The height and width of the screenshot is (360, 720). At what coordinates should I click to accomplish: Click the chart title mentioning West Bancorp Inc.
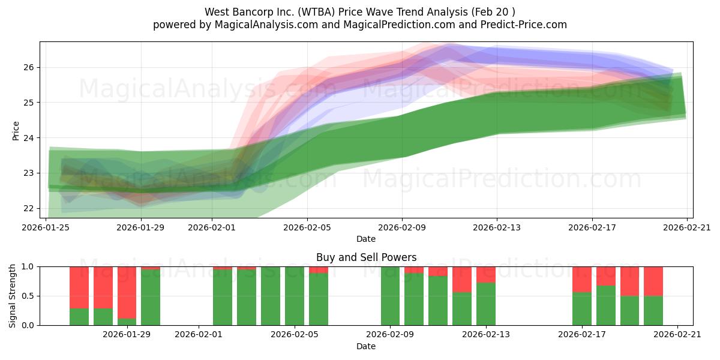(x=360, y=11)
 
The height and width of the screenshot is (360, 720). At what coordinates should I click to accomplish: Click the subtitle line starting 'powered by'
(x=360, y=25)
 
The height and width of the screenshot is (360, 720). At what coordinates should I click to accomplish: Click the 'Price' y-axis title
(x=16, y=130)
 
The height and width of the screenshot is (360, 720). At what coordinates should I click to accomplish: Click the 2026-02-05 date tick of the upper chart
(x=307, y=227)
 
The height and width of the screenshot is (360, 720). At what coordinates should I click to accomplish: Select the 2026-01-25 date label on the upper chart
(x=46, y=227)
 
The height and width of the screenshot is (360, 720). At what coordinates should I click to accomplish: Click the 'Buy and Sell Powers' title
(x=366, y=257)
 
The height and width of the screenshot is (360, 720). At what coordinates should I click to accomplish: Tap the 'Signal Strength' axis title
(x=13, y=295)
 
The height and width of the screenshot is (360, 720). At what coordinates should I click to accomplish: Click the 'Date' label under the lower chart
(x=366, y=346)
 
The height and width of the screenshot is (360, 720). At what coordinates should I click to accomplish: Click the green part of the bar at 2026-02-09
(x=390, y=296)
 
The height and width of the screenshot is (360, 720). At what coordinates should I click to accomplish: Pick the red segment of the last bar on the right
(x=653, y=281)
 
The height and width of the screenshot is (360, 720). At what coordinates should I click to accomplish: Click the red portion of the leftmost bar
(x=79, y=287)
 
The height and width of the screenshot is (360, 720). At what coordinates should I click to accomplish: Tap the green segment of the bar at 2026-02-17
(x=581, y=308)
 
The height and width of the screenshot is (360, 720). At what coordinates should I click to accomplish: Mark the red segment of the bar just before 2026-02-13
(x=462, y=279)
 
